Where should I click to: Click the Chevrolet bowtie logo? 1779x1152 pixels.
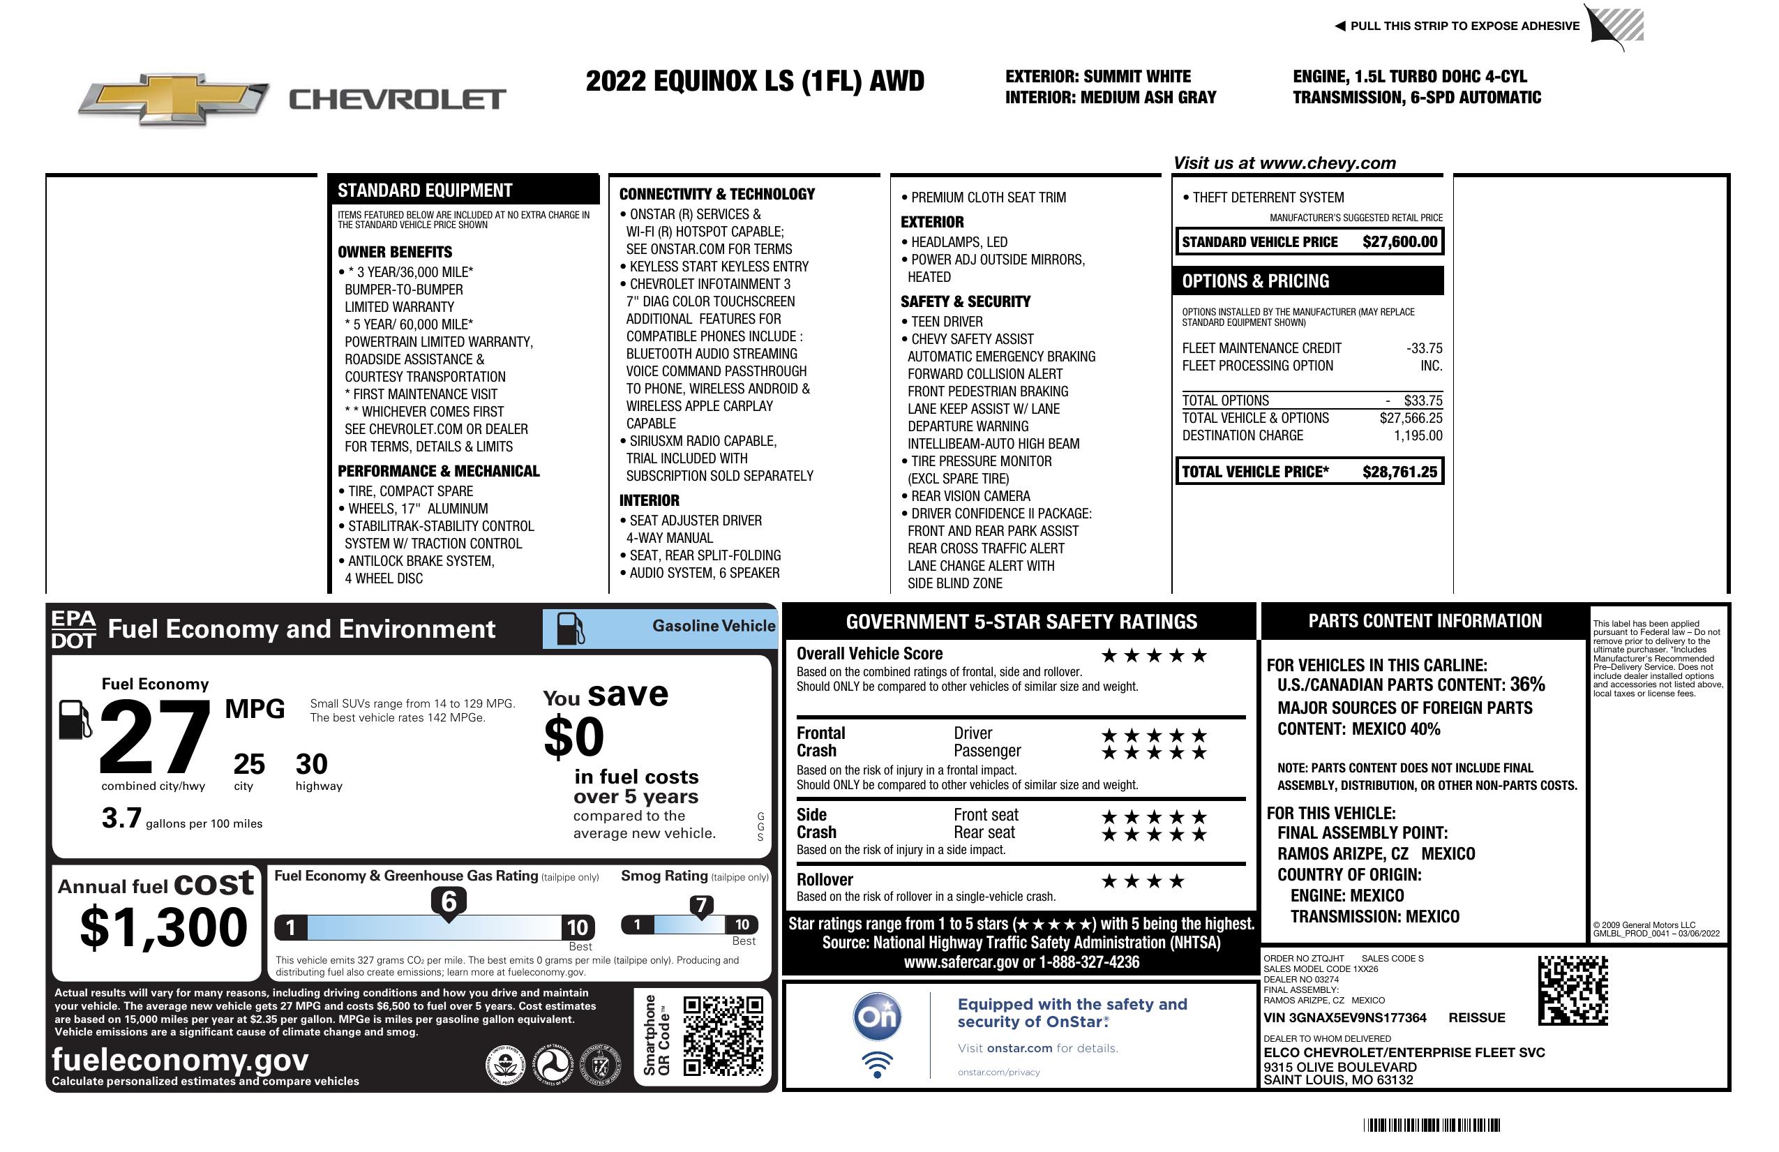[x=174, y=98]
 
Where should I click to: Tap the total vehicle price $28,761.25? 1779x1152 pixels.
[x=1399, y=472]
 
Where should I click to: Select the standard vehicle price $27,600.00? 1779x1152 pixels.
[x=1399, y=242]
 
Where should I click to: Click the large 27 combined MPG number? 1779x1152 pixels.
[x=155, y=736]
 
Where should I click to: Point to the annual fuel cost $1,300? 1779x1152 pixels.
[x=164, y=927]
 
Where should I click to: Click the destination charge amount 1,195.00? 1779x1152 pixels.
[x=1418, y=436]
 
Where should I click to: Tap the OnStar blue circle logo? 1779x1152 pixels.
[x=877, y=1017]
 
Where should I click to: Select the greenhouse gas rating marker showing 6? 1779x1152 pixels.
[x=449, y=902]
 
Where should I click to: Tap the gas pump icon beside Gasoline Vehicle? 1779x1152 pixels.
[x=571, y=629]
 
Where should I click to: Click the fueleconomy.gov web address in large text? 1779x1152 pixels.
[x=180, y=1059]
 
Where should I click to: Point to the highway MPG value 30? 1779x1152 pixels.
[x=312, y=764]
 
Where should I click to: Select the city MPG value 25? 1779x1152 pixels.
[x=249, y=764]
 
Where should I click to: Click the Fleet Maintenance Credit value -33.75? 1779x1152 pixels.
[x=1424, y=348]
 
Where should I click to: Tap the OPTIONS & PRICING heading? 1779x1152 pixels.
[x=1256, y=281]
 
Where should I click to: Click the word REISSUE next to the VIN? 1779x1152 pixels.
[x=1476, y=1017]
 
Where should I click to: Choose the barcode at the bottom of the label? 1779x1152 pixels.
[x=1431, y=1125]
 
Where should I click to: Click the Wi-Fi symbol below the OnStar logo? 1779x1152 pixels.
[x=877, y=1065]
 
